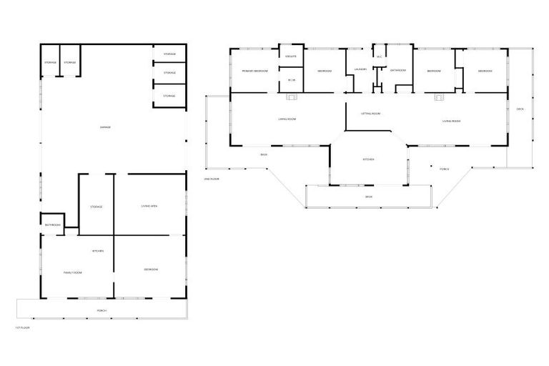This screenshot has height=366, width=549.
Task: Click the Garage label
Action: tap(105, 127)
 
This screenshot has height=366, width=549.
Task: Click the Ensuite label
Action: tap(291, 56)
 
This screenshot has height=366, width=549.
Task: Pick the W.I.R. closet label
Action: tap(292, 80)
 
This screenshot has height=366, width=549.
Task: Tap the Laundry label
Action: tap(360, 69)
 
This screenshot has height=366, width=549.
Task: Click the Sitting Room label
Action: tap(370, 114)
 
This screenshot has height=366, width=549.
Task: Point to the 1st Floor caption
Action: tap(22, 327)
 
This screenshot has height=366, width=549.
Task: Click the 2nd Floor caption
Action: tap(211, 179)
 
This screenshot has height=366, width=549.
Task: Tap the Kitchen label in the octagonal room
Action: tap(369, 159)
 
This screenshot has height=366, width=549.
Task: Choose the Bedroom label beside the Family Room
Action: tap(151, 269)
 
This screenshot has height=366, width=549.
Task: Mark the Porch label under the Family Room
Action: tap(102, 311)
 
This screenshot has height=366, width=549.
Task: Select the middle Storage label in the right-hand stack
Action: tap(169, 73)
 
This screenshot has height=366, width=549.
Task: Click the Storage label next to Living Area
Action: tap(97, 207)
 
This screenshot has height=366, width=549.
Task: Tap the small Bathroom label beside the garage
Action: tap(53, 225)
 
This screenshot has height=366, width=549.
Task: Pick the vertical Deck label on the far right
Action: tap(520, 109)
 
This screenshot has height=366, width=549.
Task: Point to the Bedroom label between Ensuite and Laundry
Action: tap(324, 71)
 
